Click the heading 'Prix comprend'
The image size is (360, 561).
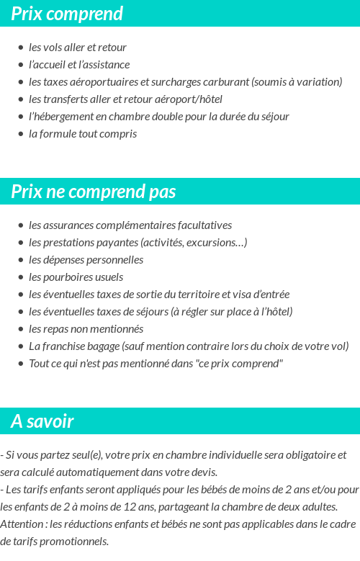click(67, 14)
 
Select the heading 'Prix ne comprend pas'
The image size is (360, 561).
click(93, 192)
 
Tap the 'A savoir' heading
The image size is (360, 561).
click(42, 421)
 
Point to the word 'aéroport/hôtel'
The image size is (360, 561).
click(190, 99)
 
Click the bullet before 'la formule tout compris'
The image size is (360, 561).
click(21, 134)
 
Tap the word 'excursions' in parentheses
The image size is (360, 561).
click(212, 243)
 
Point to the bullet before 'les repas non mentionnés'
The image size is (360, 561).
click(21, 329)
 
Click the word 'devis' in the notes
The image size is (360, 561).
click(204, 472)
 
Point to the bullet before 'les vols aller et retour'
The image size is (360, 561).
click(21, 48)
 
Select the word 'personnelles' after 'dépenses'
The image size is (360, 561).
click(114, 260)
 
